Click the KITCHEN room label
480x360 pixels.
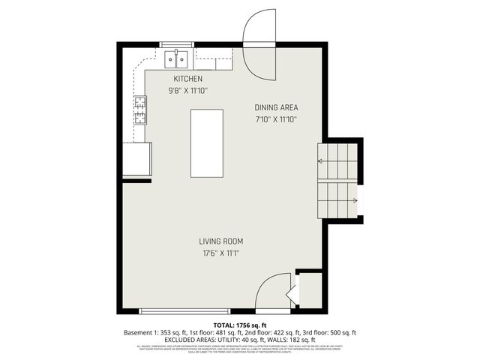pos(187,79)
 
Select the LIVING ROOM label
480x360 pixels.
pos(221,241)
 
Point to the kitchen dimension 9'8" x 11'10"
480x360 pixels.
pos(187,90)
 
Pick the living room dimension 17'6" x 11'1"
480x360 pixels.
pos(221,253)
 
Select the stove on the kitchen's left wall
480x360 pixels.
pos(139,110)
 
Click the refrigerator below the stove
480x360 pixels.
pos(137,159)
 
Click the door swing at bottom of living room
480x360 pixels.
pos(274,292)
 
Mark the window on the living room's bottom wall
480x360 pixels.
pos(184,310)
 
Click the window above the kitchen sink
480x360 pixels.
pos(177,46)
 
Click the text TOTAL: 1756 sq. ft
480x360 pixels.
pos(240,324)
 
